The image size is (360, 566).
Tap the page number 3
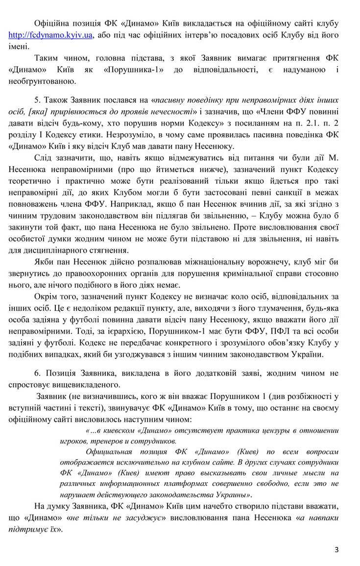pos(337,548)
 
